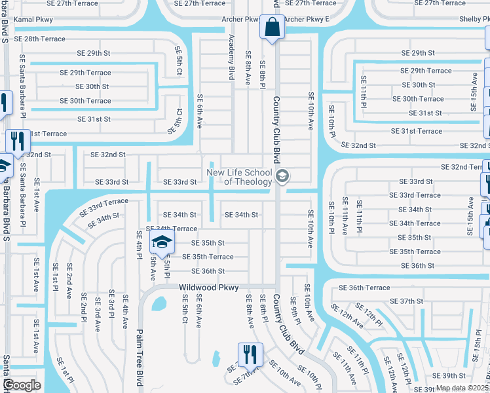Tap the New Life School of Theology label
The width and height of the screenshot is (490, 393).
point(239,177)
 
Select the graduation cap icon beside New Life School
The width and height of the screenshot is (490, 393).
point(282,176)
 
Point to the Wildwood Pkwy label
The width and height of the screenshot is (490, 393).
point(209,287)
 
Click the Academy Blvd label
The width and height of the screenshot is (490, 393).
point(231,58)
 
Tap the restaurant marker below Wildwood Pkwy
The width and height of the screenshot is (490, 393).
point(249,354)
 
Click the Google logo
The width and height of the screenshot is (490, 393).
point(22,385)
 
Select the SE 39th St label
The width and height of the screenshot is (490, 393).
point(452,375)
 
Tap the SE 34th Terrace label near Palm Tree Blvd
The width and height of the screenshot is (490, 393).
point(171,229)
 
